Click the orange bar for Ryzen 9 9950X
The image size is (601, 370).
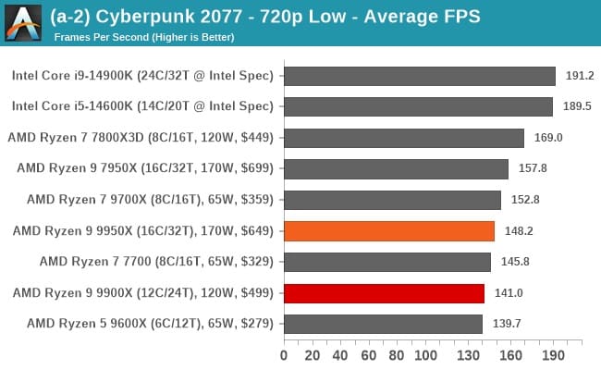pyautogui.click(x=389, y=230)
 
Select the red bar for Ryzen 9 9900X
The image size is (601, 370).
pyautogui.click(x=384, y=293)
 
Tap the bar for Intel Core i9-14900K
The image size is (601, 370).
pyautogui.click(x=420, y=75)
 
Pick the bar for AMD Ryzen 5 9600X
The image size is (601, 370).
pyautogui.click(x=383, y=324)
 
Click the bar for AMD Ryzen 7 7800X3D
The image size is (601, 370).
pyautogui.click(x=404, y=137)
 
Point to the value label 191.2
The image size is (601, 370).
pyautogui.click(x=581, y=75)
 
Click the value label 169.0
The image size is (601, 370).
pyautogui.click(x=549, y=138)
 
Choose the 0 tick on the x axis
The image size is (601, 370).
pyautogui.click(x=284, y=355)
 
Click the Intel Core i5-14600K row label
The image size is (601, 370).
pyautogui.click(x=142, y=106)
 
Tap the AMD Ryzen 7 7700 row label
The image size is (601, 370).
pyautogui.click(x=156, y=262)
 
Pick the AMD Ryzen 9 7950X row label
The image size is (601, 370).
pyautogui.click(x=145, y=168)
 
